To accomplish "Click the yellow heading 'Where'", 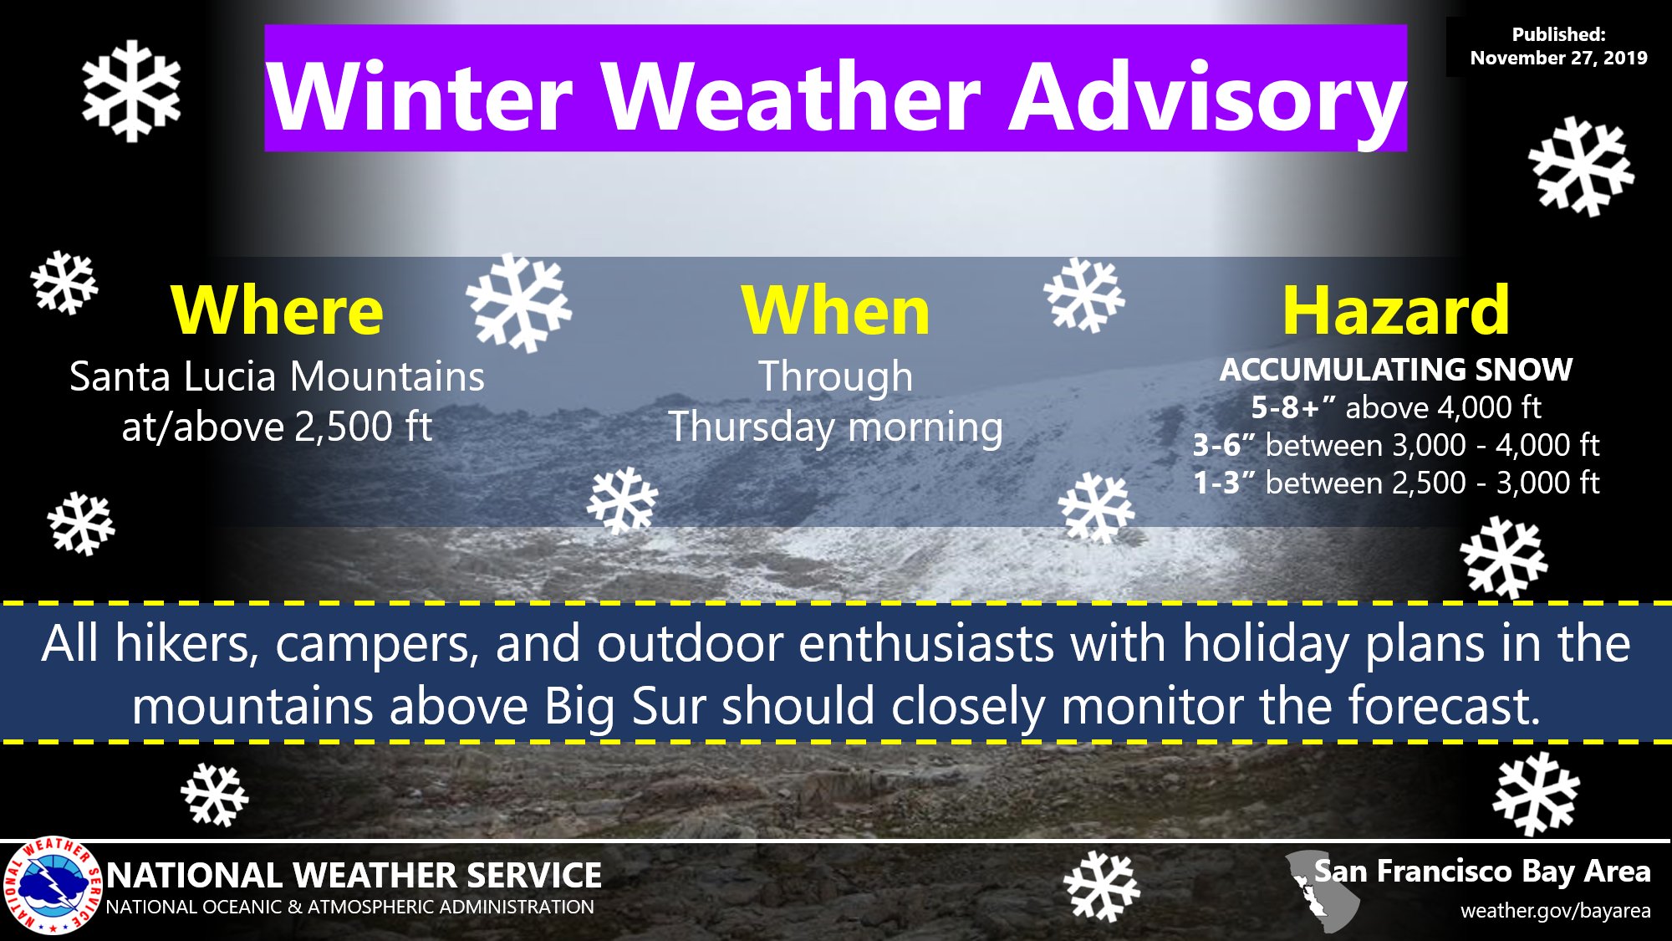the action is click(x=277, y=310).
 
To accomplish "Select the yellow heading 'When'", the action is click(x=836, y=310).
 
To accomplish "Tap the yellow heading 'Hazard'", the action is click(x=1396, y=310).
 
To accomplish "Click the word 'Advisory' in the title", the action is click(x=1207, y=98).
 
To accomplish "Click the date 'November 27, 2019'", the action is click(x=1558, y=58).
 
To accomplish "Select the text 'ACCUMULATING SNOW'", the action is click(x=1396, y=369).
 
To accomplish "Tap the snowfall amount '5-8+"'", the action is click(x=1292, y=407).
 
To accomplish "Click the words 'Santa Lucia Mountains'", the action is click(x=277, y=376).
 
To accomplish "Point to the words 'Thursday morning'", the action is click(x=836, y=427).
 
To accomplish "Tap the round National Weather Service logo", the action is click(x=53, y=886).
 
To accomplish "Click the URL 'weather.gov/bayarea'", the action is click(x=1555, y=911).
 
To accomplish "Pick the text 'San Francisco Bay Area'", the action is click(x=1482, y=872).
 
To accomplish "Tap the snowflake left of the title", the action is click(x=131, y=90).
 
